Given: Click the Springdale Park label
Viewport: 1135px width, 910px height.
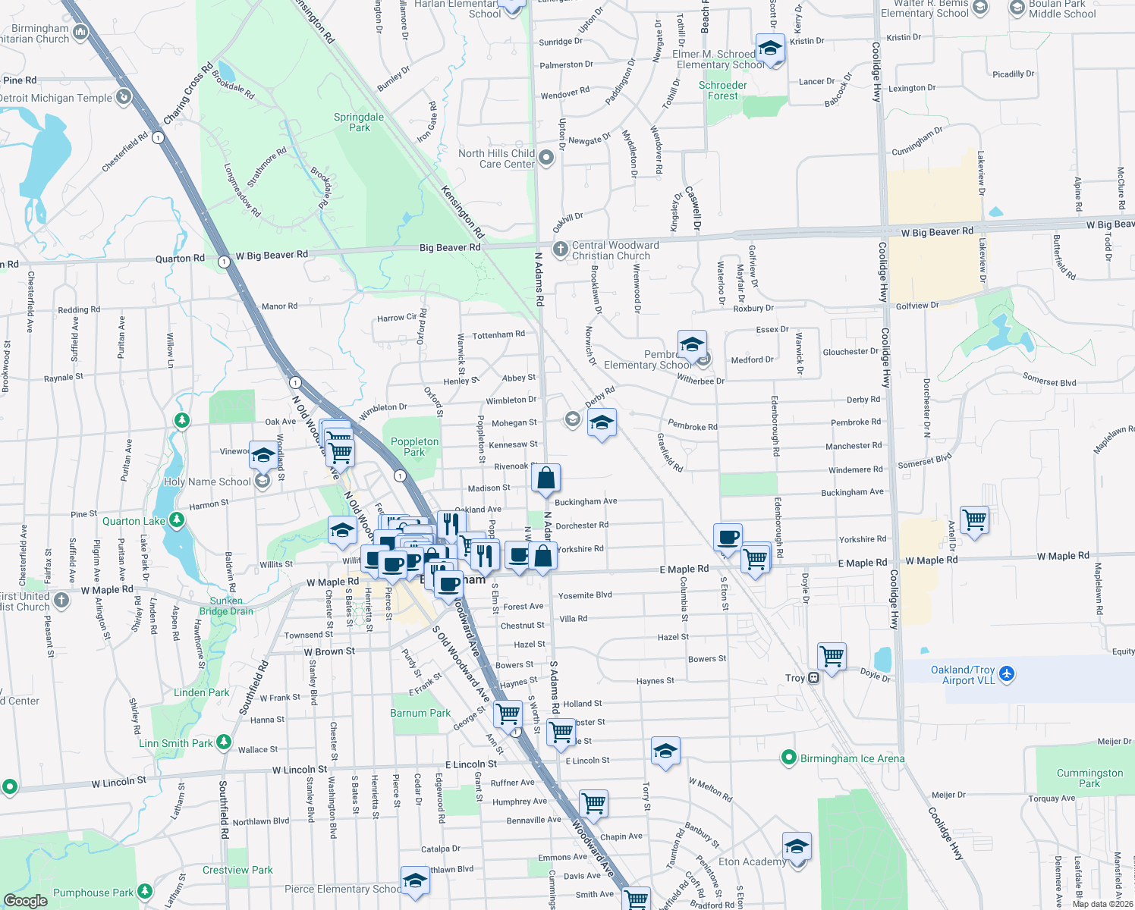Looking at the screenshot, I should click(359, 122).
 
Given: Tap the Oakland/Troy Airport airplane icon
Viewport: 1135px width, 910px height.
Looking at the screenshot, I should click(1007, 673).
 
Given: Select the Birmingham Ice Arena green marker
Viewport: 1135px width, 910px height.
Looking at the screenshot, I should click(789, 758).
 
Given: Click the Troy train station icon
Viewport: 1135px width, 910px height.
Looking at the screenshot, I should click(813, 678).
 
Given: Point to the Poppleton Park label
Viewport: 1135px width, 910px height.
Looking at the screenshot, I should click(414, 447).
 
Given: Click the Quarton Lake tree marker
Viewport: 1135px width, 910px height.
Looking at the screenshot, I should click(177, 519).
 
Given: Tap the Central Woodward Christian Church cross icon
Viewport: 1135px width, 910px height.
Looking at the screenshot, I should click(560, 249).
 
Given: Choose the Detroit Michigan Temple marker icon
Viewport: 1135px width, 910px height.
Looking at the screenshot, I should click(123, 97).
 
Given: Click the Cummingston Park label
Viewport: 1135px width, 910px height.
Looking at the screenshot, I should click(1089, 778).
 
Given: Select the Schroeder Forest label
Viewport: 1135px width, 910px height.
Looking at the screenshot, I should click(723, 90).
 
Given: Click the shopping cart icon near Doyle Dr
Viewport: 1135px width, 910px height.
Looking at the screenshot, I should click(832, 656).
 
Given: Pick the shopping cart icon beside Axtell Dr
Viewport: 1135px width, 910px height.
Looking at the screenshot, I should click(974, 520).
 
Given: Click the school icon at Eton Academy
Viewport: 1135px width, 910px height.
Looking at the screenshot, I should click(797, 846).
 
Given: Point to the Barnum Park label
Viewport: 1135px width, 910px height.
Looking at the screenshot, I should click(420, 713).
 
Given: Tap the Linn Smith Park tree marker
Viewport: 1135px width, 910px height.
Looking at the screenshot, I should click(223, 742).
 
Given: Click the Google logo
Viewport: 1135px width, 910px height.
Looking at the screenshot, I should click(26, 900).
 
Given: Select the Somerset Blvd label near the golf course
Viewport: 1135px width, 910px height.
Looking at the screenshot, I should click(1050, 379).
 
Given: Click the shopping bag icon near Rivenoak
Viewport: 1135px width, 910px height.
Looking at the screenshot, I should click(545, 479).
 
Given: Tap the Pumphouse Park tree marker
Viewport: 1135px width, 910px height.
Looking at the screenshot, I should click(143, 892).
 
